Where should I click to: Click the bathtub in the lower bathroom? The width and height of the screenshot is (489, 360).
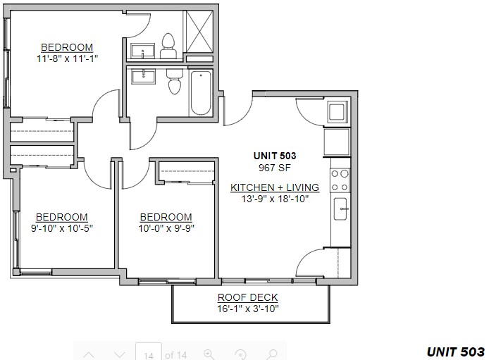point(201,93)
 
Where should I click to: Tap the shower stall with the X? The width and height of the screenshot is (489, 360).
point(199,32)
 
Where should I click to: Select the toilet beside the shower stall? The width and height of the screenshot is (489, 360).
point(168,46)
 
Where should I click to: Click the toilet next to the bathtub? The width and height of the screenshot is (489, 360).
point(174,81)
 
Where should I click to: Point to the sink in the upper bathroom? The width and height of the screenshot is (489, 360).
point(142,51)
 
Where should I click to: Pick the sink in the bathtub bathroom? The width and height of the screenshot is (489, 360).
point(143,76)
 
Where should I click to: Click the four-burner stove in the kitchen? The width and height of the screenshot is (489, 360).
point(340,180)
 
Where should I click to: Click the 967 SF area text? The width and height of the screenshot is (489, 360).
point(274,168)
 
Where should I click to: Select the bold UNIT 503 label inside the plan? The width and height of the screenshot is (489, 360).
point(275,156)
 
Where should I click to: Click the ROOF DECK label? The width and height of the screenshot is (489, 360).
point(247,297)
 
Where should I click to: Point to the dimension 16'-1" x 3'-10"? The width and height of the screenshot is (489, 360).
point(247,309)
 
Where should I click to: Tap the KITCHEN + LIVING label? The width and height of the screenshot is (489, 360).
point(275,187)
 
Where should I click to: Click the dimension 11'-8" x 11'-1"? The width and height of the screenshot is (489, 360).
point(68,58)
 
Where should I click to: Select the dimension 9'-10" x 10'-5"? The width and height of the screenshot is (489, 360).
point(62,228)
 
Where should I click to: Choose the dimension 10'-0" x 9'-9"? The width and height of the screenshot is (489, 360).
point(166,228)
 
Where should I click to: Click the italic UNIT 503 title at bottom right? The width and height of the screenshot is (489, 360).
point(456,352)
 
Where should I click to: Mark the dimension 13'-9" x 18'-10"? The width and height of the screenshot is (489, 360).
point(275,199)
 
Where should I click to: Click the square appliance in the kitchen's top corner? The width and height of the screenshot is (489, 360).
point(338,111)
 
